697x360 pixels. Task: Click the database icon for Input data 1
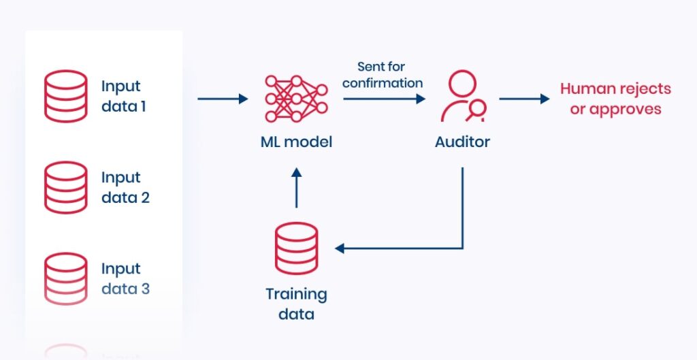[x=65, y=96]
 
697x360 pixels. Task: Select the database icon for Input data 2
[x=65, y=187]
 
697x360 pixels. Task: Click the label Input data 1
[x=123, y=97]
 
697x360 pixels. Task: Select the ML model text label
[x=295, y=142]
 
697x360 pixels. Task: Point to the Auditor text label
[x=462, y=142]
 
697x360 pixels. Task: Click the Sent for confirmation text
[x=382, y=75]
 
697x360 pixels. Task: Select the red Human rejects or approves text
[x=615, y=99]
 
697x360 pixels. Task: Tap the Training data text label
[x=296, y=304]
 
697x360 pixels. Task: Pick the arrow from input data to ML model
[x=223, y=99]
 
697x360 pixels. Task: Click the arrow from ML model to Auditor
[x=384, y=99]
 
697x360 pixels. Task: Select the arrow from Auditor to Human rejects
[x=524, y=99]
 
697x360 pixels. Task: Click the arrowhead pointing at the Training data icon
[x=340, y=248]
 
